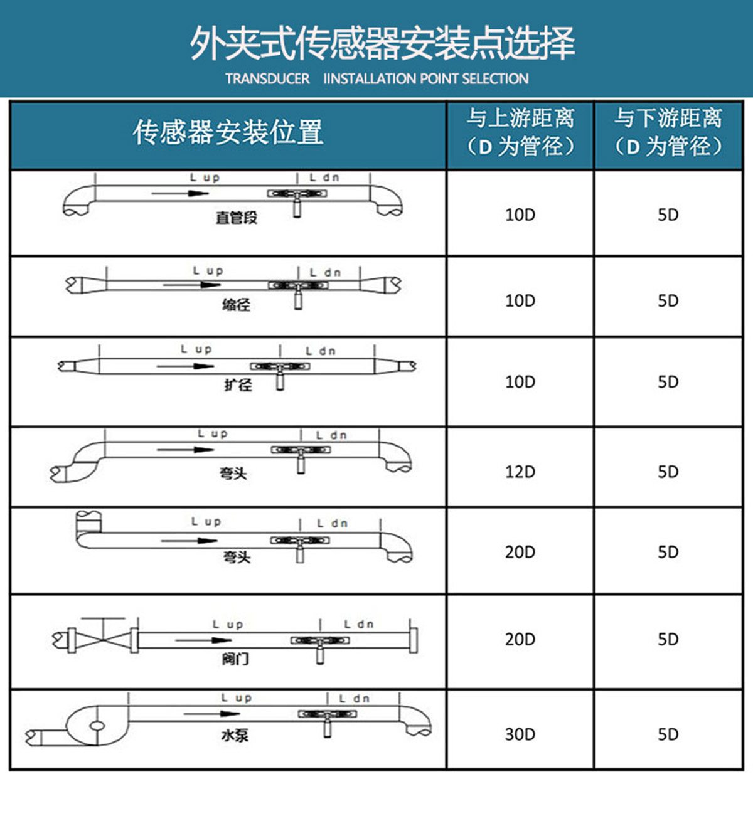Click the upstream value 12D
pyautogui.click(x=520, y=472)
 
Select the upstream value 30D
pyautogui.click(x=520, y=734)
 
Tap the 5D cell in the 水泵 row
pyautogui.click(x=668, y=734)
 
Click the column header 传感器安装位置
pyautogui.click(x=228, y=132)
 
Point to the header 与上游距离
pyautogui.click(x=520, y=118)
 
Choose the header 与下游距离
pyautogui.click(x=668, y=118)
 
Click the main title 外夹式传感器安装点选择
pyautogui.click(x=383, y=43)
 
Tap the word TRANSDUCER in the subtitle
pyautogui.click(x=267, y=78)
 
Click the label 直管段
pyautogui.click(x=237, y=218)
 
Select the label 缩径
pyautogui.click(x=236, y=305)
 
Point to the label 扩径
pyautogui.click(x=238, y=385)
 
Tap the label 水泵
pyautogui.click(x=235, y=736)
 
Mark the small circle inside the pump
pyautogui.click(x=97, y=726)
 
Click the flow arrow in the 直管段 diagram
pyautogui.click(x=180, y=193)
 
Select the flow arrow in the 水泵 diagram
pyautogui.click(x=211, y=714)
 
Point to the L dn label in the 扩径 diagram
pyautogui.click(x=321, y=351)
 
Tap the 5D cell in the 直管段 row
pyautogui.click(x=668, y=215)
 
